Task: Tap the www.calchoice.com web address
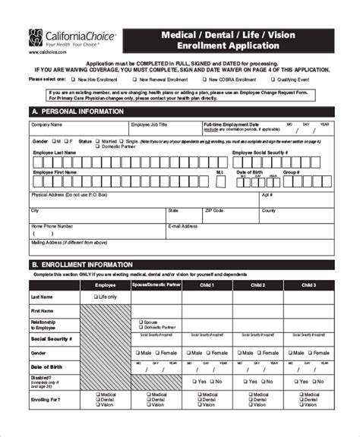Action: point(46,52)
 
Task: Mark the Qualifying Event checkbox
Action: point(271,79)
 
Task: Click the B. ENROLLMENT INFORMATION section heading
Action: point(82,265)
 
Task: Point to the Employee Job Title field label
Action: point(149,124)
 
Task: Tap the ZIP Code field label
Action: point(213,210)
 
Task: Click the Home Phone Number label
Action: point(52,226)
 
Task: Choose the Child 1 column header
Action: point(207,285)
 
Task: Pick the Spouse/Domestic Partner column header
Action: point(156,285)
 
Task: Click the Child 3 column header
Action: point(308,285)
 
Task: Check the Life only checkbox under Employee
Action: point(94,297)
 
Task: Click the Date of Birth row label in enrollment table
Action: point(45,367)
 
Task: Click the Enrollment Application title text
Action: point(229,46)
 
